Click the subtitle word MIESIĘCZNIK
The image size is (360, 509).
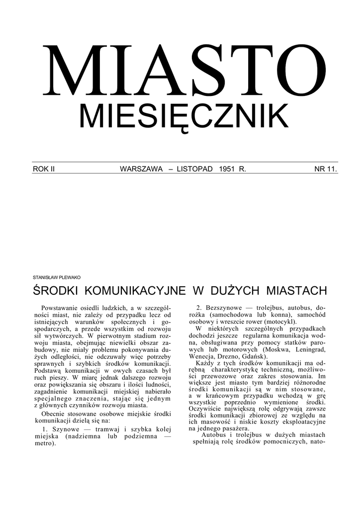click(x=184, y=117)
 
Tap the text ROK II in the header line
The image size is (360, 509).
click(x=44, y=170)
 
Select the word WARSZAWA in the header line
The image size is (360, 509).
click(x=141, y=170)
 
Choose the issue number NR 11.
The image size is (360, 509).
click(x=325, y=170)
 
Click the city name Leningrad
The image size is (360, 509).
click(x=309, y=350)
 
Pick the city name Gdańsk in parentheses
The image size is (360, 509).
click(x=253, y=357)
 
